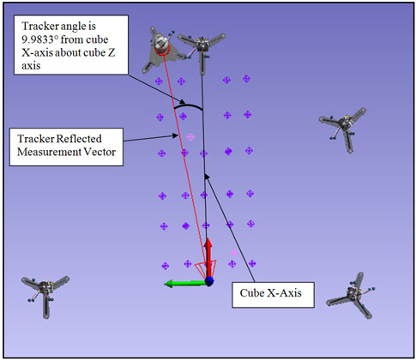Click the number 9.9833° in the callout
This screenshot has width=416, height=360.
(40, 39)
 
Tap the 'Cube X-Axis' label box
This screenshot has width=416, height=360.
(273, 295)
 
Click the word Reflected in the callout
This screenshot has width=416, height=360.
(79, 139)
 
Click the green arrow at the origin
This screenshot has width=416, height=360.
(185, 284)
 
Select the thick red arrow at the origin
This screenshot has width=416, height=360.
(208, 256)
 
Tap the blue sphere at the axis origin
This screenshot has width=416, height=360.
(209, 281)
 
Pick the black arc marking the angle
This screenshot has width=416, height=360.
(188, 105)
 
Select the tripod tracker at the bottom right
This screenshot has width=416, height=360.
(351, 296)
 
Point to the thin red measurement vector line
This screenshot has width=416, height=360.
(184, 163)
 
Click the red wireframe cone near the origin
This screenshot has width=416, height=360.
(205, 268)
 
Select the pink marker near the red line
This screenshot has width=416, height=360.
(190, 137)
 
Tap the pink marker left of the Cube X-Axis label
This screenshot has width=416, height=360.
(234, 253)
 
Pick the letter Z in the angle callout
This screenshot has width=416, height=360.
(112, 52)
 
